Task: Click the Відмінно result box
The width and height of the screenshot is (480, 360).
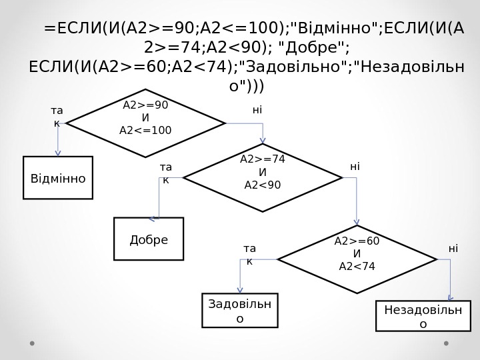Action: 58,178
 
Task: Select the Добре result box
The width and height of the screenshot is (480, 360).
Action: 149,239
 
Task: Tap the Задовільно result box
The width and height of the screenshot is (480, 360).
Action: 240,311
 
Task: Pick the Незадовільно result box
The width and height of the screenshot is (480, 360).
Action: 423,316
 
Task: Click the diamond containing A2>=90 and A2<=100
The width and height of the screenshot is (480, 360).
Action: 145,123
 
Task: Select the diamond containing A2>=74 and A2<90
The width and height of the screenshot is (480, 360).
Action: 263,178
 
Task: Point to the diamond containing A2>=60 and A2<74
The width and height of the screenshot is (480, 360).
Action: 357,259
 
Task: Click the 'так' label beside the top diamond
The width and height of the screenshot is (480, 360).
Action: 57,117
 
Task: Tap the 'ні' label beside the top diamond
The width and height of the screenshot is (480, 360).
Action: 257,110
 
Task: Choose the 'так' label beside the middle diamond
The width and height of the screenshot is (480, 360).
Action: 166,173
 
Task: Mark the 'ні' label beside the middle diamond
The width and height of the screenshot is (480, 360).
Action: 355,167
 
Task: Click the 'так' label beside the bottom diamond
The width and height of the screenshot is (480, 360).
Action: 250,255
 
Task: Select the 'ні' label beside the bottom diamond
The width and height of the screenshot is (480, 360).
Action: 453,249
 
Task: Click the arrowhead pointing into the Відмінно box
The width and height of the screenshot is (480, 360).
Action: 58,153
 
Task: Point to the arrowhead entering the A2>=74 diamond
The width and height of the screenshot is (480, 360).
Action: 263,140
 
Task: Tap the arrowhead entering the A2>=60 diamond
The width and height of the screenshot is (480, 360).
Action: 357,222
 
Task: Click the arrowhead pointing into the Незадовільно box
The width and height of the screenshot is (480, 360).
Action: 451,298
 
